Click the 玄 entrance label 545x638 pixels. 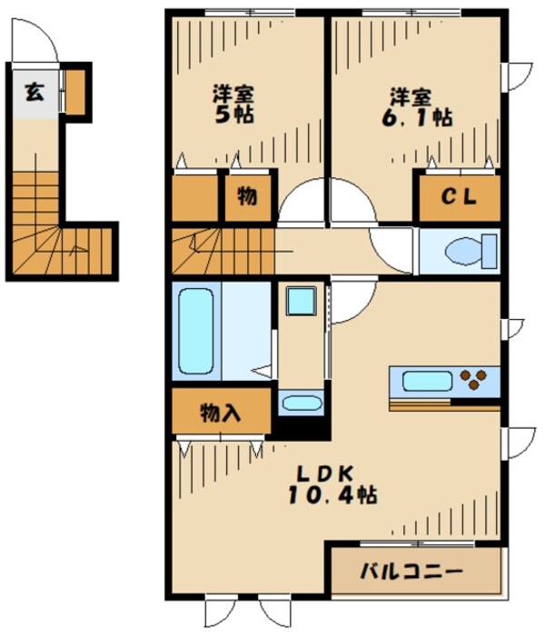click(x=34, y=93)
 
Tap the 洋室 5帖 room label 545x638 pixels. click(x=233, y=105)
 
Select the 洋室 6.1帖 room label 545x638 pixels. click(x=417, y=106)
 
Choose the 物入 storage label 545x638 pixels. click(x=221, y=414)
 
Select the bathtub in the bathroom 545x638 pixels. click(x=196, y=332)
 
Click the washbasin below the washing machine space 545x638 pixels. click(x=299, y=404)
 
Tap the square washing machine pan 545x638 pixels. click(x=301, y=301)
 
